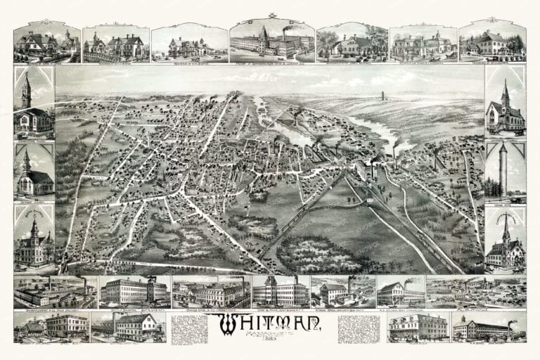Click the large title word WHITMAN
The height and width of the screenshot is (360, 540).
pyautogui.click(x=271, y=323)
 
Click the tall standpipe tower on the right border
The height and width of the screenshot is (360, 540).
pyautogui.click(x=503, y=170)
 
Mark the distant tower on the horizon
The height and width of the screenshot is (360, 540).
pyautogui.click(x=382, y=96)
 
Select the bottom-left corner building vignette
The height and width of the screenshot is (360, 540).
pyautogui.click(x=49, y=326)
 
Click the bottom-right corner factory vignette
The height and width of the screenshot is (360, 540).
pyautogui.click(x=488, y=328)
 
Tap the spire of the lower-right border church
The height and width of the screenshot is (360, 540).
pyautogui.click(x=505, y=224)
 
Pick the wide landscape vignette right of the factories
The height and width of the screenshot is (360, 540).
pyautogui.click(x=476, y=290)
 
